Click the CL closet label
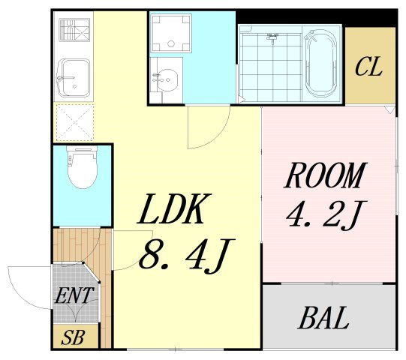[368, 67]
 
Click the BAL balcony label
[323, 317]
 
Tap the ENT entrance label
[74, 295]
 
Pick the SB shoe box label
[74, 337]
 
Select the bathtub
[321, 64]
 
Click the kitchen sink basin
[74, 78]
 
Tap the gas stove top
[74, 29]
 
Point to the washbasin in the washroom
[167, 80]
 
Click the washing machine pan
[171, 33]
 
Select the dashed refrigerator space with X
[74, 122]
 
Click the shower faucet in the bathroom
[272, 37]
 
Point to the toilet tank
[82, 148]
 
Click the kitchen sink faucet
[65, 78]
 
